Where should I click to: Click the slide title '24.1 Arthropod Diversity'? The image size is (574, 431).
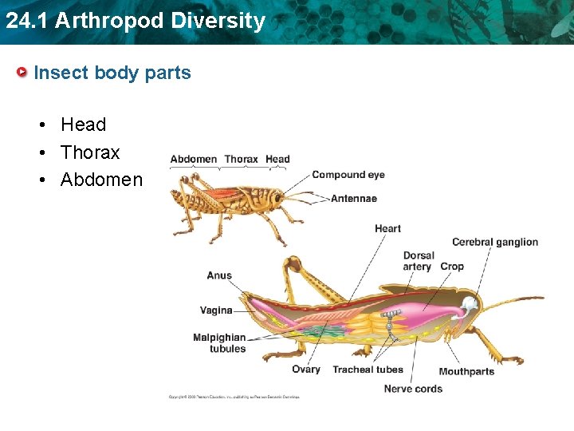(x=135, y=21)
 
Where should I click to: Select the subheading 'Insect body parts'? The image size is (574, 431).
(x=112, y=73)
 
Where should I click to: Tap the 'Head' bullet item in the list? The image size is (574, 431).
(x=83, y=125)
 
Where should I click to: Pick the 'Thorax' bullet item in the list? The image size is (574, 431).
(x=90, y=152)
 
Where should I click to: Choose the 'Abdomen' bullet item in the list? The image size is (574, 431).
(x=101, y=180)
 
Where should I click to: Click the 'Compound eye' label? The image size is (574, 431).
(x=348, y=175)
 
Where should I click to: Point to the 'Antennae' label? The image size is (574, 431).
(x=354, y=198)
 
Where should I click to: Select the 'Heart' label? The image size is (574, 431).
(x=387, y=229)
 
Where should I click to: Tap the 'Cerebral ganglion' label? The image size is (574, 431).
(x=495, y=242)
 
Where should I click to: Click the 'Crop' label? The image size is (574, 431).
(x=452, y=267)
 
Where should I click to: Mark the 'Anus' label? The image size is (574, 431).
(x=219, y=276)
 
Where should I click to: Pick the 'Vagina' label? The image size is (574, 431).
(x=216, y=310)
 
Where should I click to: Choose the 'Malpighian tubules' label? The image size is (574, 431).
(x=220, y=343)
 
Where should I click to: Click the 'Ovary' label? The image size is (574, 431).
(x=306, y=370)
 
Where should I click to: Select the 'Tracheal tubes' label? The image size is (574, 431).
(x=368, y=370)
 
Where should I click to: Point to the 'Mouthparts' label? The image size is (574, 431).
(x=466, y=371)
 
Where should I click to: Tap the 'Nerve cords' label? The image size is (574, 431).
(x=413, y=389)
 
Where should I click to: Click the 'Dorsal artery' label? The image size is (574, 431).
(x=418, y=262)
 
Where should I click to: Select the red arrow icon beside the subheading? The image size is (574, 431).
(x=23, y=73)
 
